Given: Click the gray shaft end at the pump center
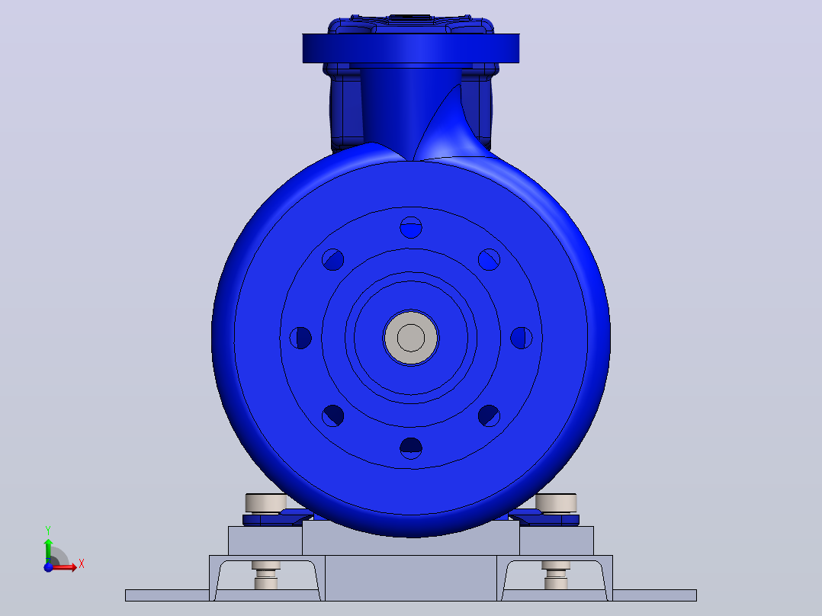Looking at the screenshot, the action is point(411,338).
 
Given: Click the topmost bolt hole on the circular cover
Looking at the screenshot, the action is point(411,227).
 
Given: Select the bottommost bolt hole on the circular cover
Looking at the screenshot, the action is point(411,448).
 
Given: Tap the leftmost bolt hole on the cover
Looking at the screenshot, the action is point(300,338).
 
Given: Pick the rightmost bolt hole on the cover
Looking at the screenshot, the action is point(521,338).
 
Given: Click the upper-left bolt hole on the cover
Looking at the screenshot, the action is point(333,259).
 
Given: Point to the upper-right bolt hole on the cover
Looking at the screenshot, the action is point(489,259).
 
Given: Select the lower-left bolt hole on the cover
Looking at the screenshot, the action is point(333,415).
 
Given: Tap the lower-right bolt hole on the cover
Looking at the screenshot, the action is point(489,415).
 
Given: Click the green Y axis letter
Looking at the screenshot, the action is point(48,531).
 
